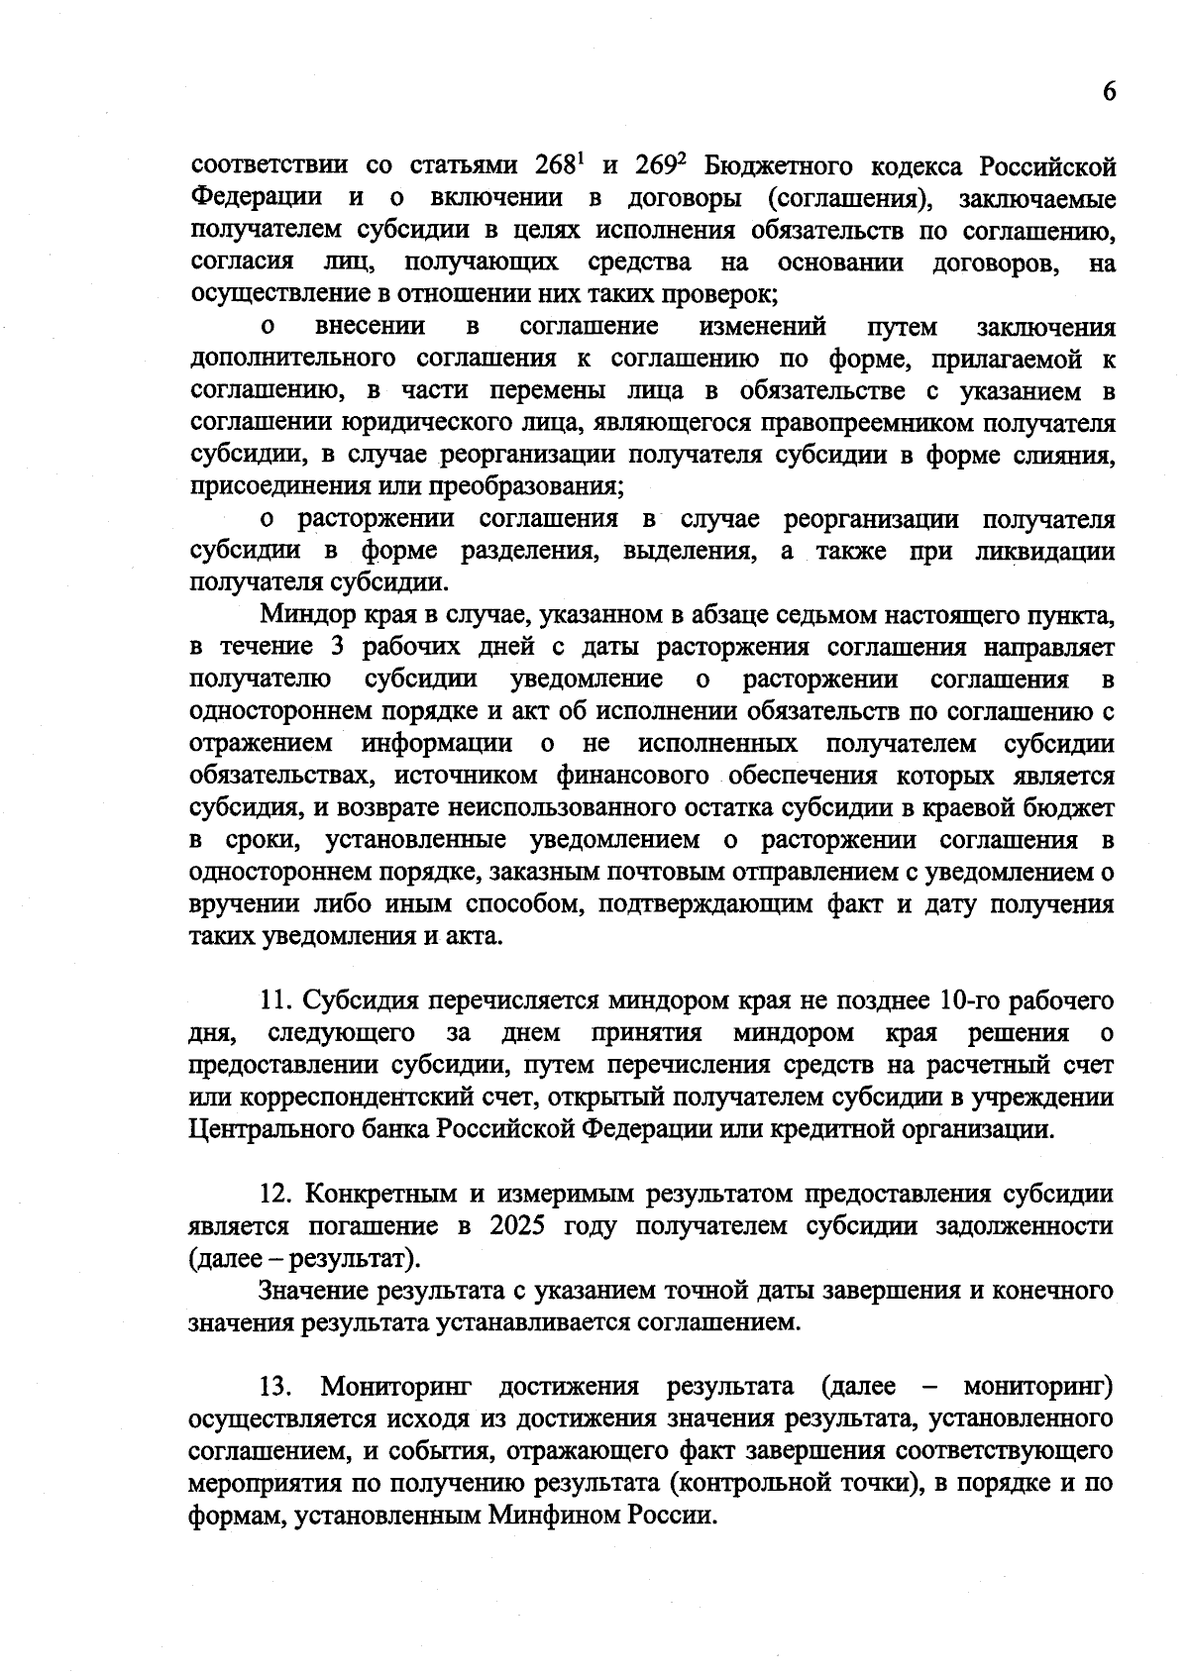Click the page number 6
click(1109, 91)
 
